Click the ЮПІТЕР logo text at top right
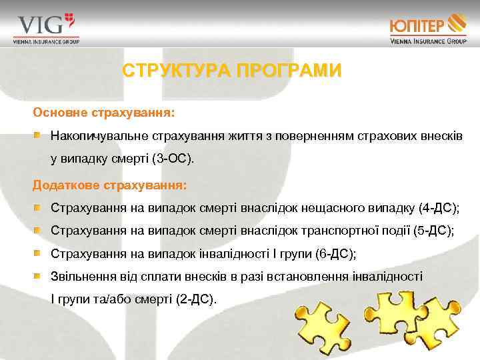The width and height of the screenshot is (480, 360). click(419, 26)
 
